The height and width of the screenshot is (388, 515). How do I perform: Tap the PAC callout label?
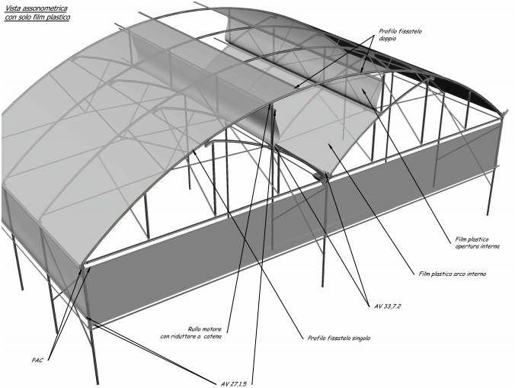(x=37, y=360)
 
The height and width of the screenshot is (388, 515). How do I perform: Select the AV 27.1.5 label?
(x=234, y=383)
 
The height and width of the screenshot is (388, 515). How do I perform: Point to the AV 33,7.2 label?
(x=388, y=306)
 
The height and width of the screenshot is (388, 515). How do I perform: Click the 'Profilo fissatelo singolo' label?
(x=338, y=338)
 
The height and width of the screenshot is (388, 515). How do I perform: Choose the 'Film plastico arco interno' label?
(x=453, y=274)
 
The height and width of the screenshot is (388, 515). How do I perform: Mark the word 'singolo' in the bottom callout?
(x=360, y=338)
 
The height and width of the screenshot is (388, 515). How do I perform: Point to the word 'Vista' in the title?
(x=12, y=8)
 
